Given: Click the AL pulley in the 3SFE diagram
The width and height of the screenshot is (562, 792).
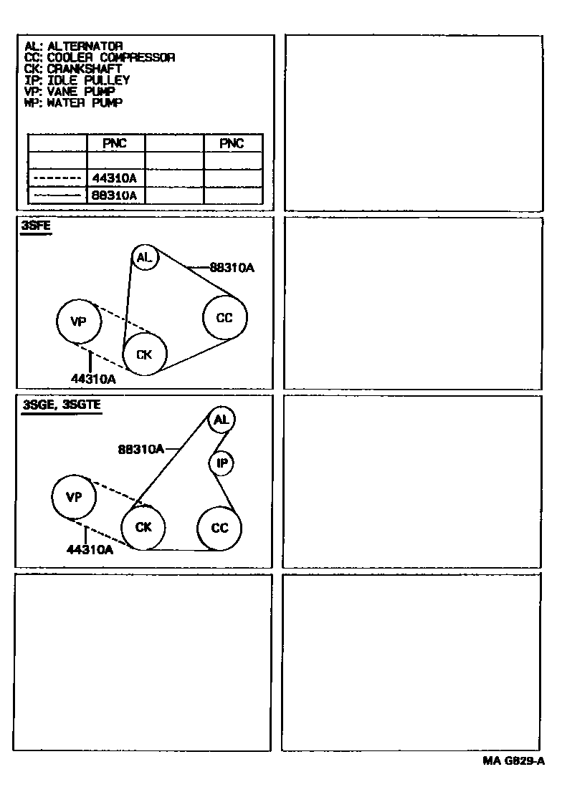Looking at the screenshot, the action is (145, 258).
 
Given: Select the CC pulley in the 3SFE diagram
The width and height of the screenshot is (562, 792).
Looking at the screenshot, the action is (225, 318).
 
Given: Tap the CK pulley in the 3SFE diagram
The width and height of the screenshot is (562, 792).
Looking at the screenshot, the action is (144, 354).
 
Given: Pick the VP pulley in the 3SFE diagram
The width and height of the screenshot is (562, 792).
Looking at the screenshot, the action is (78, 322).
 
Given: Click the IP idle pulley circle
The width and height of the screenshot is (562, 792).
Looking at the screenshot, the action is (222, 464).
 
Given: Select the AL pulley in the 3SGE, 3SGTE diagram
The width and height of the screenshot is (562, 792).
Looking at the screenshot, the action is (222, 420).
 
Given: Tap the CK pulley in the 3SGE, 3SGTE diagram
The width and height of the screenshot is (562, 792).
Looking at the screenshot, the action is (143, 528).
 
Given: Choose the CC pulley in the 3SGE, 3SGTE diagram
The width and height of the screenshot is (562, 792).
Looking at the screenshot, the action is (219, 528).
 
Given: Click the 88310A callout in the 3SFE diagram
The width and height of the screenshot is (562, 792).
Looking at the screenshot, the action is (232, 268).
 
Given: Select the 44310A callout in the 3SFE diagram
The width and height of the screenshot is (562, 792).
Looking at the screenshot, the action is (93, 379).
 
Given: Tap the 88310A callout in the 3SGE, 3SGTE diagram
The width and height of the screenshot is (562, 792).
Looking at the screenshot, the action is (141, 450).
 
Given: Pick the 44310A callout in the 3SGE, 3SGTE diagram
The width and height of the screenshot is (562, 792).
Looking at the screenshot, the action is (90, 550).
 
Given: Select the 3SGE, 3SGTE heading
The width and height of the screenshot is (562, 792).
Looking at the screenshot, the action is (62, 405).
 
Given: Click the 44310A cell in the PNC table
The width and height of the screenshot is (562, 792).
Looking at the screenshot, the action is (115, 178).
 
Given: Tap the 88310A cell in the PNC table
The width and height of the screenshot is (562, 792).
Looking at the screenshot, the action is (115, 195).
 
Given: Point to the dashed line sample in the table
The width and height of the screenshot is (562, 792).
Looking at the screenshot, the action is (57, 178).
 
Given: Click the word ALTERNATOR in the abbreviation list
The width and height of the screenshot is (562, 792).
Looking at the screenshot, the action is (85, 47).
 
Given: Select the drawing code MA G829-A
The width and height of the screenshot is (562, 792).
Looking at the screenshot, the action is (513, 761).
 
